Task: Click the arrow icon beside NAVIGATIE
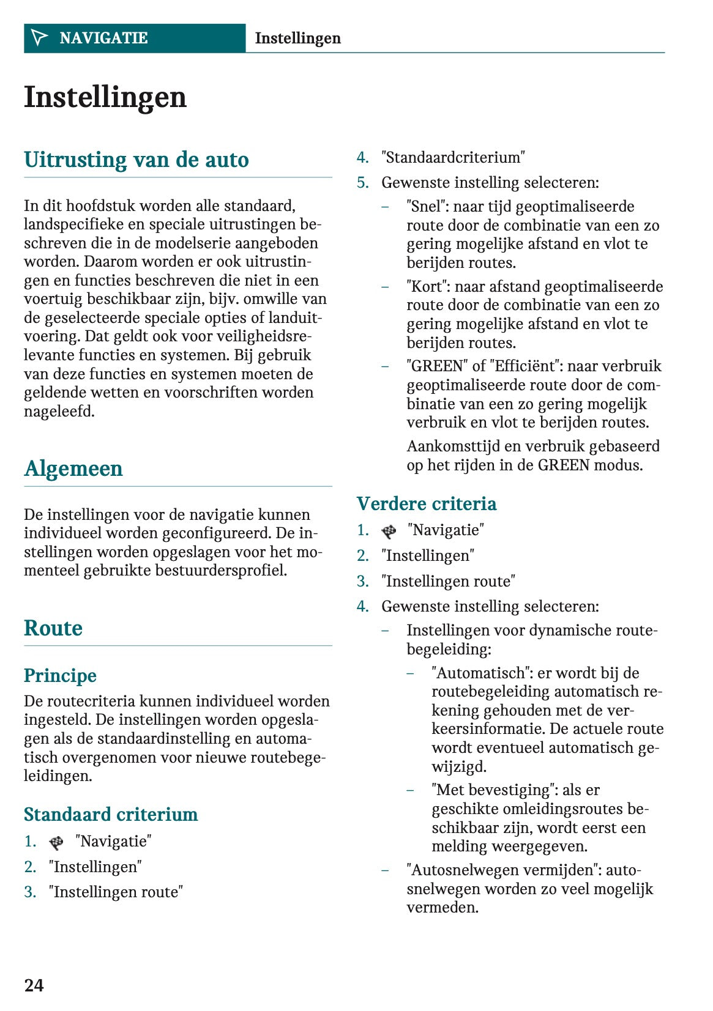tap(39, 38)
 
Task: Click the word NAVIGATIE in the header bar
tap(103, 38)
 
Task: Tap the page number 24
tap(34, 985)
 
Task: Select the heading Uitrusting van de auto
tap(136, 160)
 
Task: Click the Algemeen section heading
tap(73, 468)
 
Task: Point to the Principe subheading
tap(60, 675)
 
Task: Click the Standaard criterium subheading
tap(111, 814)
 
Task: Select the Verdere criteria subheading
tap(427, 503)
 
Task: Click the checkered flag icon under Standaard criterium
tap(56, 842)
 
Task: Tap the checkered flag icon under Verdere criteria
tap(389, 531)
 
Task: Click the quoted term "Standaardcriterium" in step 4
tap(453, 158)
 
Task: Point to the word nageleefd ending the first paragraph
tap(59, 412)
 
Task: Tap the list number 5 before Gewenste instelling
tap(362, 183)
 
